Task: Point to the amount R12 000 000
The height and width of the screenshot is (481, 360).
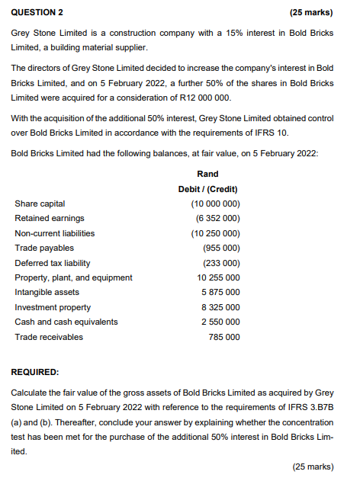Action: (x=201, y=99)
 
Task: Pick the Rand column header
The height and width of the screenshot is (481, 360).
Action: (x=207, y=174)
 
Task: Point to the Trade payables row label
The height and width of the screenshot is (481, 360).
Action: (x=44, y=248)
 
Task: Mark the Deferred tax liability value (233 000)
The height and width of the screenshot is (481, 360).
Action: (x=222, y=263)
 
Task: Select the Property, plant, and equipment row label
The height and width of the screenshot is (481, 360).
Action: (x=73, y=277)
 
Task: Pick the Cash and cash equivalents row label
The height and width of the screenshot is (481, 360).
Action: (x=66, y=322)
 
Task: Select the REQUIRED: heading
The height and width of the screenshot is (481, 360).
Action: (x=35, y=372)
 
